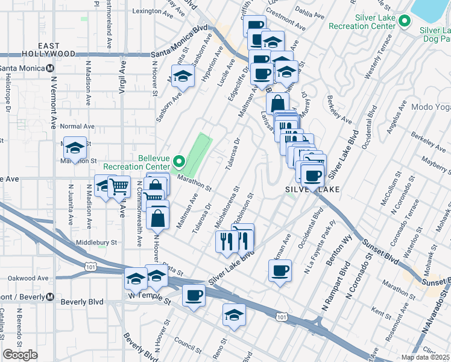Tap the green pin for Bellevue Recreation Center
click(178, 162)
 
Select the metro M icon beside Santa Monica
click(51, 68)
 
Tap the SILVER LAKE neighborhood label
click(312, 189)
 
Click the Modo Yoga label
click(430, 107)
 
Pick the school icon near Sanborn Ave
click(182, 77)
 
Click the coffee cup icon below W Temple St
click(194, 296)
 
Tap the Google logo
click(20, 355)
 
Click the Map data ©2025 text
click(425, 357)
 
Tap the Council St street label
click(185, 347)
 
